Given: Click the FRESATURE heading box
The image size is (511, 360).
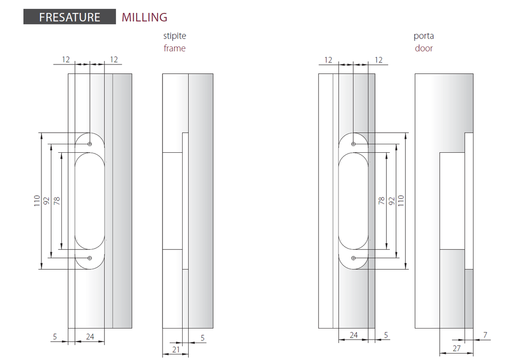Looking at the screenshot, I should coord(69,17).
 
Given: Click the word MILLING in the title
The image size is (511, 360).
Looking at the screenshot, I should coord(144,17).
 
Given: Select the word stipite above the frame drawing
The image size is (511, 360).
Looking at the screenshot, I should coord(175,36).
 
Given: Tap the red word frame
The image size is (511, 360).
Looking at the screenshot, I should coord(174,48).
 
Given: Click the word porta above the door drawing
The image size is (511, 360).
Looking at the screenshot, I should coord(424,36).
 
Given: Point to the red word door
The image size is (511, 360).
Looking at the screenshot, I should coord(424,48).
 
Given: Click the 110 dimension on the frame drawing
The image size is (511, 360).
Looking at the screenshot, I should coord(37,201).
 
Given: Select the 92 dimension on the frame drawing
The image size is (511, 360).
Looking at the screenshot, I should coord(46,201).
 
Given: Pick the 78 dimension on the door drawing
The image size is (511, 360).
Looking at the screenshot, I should coord(382,201).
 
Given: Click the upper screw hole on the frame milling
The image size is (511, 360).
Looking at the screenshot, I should coord(90,144).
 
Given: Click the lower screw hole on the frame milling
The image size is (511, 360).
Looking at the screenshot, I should coord(90,258).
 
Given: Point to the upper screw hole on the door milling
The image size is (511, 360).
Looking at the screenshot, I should coord(353,144).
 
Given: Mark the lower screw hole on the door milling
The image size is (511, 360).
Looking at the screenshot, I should coord(353,258).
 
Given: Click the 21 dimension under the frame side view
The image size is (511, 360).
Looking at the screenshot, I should coord(176,350).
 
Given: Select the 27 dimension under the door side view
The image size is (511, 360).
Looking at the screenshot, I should coord(456,349).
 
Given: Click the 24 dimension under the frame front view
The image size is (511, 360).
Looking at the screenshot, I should coord(90,337).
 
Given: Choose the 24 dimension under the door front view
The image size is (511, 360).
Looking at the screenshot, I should coord(353,335).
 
